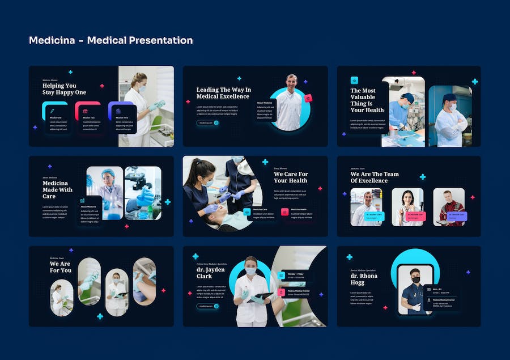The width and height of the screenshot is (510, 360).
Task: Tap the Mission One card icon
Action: click(x=52, y=111)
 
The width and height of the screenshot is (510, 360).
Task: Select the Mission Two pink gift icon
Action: click(x=85, y=111)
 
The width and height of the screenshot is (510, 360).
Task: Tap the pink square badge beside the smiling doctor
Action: click(x=308, y=98)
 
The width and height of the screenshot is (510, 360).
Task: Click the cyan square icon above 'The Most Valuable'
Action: click(x=354, y=81)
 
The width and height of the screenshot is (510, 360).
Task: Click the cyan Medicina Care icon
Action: click(x=247, y=212)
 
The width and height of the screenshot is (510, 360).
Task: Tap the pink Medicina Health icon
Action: click(x=284, y=212)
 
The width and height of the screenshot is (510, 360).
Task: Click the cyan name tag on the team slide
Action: click(x=374, y=216)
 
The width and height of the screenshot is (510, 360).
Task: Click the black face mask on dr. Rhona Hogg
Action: click(x=415, y=279)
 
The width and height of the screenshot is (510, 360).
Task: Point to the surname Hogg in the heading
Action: click(x=357, y=282)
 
